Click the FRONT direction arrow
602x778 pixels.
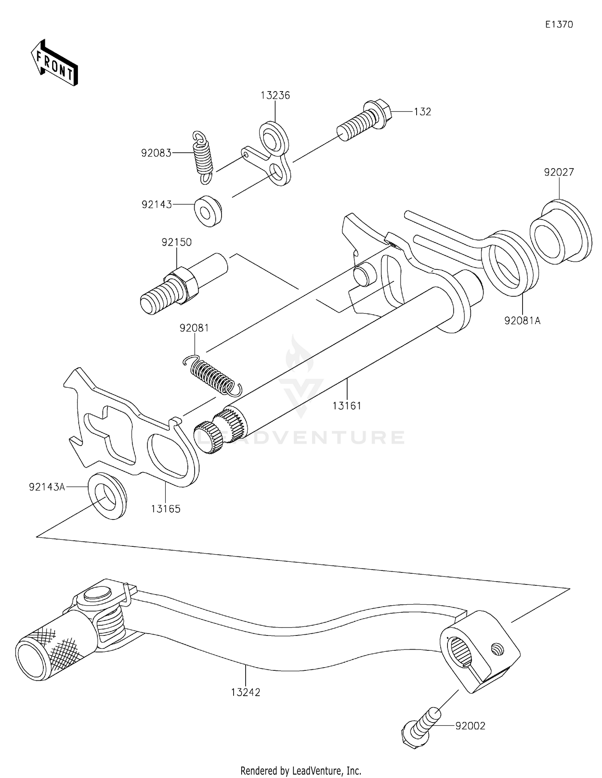(54, 63)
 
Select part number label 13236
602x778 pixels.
(275, 96)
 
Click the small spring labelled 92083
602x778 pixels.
(203, 157)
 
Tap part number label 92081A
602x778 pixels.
(522, 320)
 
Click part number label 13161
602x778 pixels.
(347, 406)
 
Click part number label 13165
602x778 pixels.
(166, 509)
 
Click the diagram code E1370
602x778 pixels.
(559, 24)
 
